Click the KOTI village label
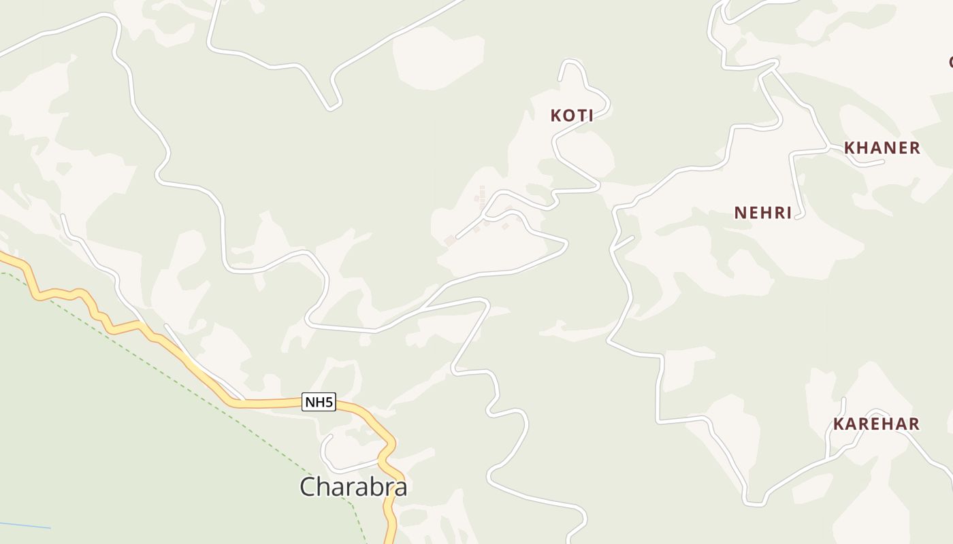pyautogui.click(x=572, y=116)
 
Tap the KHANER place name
pyautogui.click(x=882, y=148)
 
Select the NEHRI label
pyautogui.click(x=763, y=213)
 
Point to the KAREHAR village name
pyautogui.click(x=876, y=424)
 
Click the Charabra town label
pyautogui.click(x=353, y=486)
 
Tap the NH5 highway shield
pyautogui.click(x=319, y=402)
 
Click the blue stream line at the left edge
pyautogui.click(x=24, y=525)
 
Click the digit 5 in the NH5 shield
pyautogui.click(x=329, y=402)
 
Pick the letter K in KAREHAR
pyautogui.click(x=839, y=424)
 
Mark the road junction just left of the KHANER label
pyautogui.click(x=828, y=148)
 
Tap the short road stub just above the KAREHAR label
pyautogui.click(x=843, y=407)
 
